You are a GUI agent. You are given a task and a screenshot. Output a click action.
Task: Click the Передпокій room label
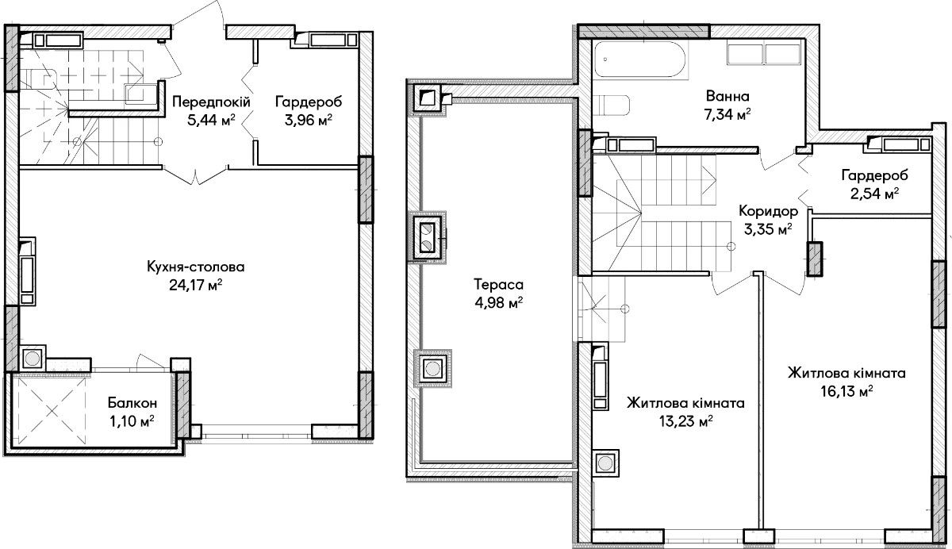coord(211,102)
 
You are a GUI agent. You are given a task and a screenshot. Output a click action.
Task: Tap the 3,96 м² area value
coord(308,121)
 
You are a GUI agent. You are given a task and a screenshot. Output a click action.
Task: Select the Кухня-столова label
coord(195,267)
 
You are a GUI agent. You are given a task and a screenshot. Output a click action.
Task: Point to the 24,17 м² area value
coord(195,285)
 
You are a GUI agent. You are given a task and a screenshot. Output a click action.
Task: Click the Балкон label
coord(132,402)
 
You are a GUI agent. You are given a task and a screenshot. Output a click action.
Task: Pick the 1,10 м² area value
coord(132,421)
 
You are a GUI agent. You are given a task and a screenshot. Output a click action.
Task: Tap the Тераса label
coord(498,284)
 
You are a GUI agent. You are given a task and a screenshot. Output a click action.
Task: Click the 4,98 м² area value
coord(498,303)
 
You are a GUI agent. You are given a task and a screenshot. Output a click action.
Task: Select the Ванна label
coord(727,96)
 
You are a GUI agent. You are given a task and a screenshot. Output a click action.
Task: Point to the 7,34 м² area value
coord(727,114)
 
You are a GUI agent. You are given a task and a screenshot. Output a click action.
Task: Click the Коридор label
coord(769,211)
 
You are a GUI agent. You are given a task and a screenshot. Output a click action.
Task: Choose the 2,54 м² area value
coord(874,194)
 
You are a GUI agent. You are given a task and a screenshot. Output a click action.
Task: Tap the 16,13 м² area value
coord(846,391)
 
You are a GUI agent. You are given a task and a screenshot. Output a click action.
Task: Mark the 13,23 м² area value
coord(686,421)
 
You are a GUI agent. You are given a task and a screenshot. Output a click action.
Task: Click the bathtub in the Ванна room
coord(639,60)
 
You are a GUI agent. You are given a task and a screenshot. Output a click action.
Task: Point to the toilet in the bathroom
coord(611,105)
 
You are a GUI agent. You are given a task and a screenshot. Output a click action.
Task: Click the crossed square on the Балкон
coord(52,410)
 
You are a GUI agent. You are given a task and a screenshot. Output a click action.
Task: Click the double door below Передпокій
coord(195,175)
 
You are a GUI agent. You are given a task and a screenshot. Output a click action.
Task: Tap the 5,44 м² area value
coord(211,121)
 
